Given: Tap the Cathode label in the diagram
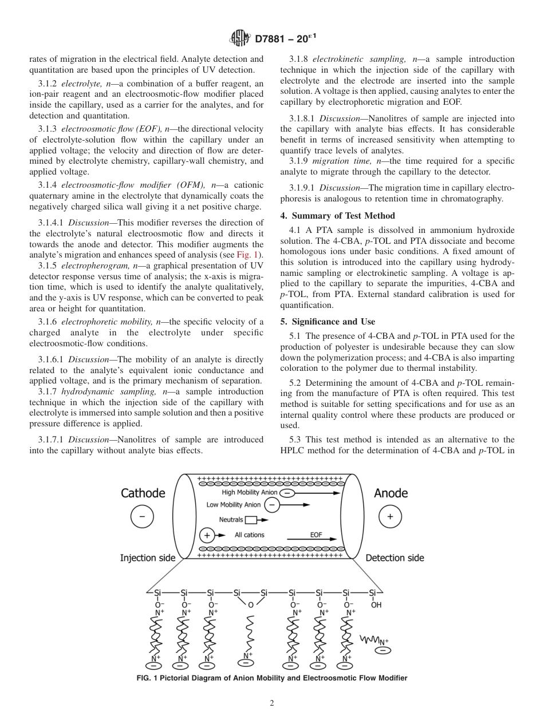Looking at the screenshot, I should tap(143, 493).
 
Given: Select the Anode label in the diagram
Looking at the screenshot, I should tap(391, 493).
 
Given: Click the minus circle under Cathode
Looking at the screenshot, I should tap(142, 517).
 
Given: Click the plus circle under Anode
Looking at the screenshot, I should tap(391, 517).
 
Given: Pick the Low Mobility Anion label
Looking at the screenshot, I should tap(234, 505).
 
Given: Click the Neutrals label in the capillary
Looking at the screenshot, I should tap(231, 520).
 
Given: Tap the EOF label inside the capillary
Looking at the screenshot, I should tap(316, 535).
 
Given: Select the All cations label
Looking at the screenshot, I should tap(250, 535).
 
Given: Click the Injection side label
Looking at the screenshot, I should tap(148, 558).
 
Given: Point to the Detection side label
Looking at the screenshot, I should tap(395, 558).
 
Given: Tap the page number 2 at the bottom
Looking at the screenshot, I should tap(272, 703).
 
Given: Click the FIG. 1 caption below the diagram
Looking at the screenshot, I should tap(272, 678).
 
